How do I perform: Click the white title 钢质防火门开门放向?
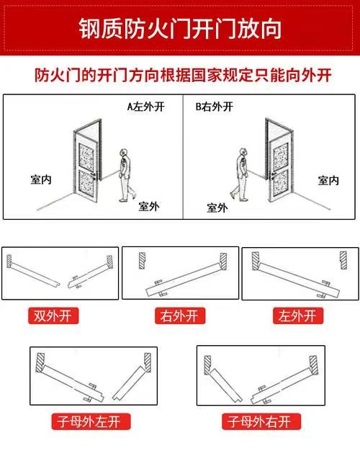coord(180,29)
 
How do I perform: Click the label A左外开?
coord(146,107)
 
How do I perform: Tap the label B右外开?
coord(214,107)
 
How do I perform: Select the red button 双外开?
coord(53,316)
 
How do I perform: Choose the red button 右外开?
coord(180,316)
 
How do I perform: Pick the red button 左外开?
coord(298,316)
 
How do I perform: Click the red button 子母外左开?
coord(91,421)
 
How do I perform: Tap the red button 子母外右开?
coord(261,421)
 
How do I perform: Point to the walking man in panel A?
coord(127,175)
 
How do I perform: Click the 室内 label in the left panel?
coord(41,179)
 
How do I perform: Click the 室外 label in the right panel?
coord(217,208)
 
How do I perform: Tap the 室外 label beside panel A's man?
coord(149,207)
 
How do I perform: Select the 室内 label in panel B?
coord(328,181)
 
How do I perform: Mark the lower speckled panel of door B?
coord(281,182)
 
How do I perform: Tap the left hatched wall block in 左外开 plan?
coord(256,261)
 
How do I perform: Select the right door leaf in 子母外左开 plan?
coord(129,383)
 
